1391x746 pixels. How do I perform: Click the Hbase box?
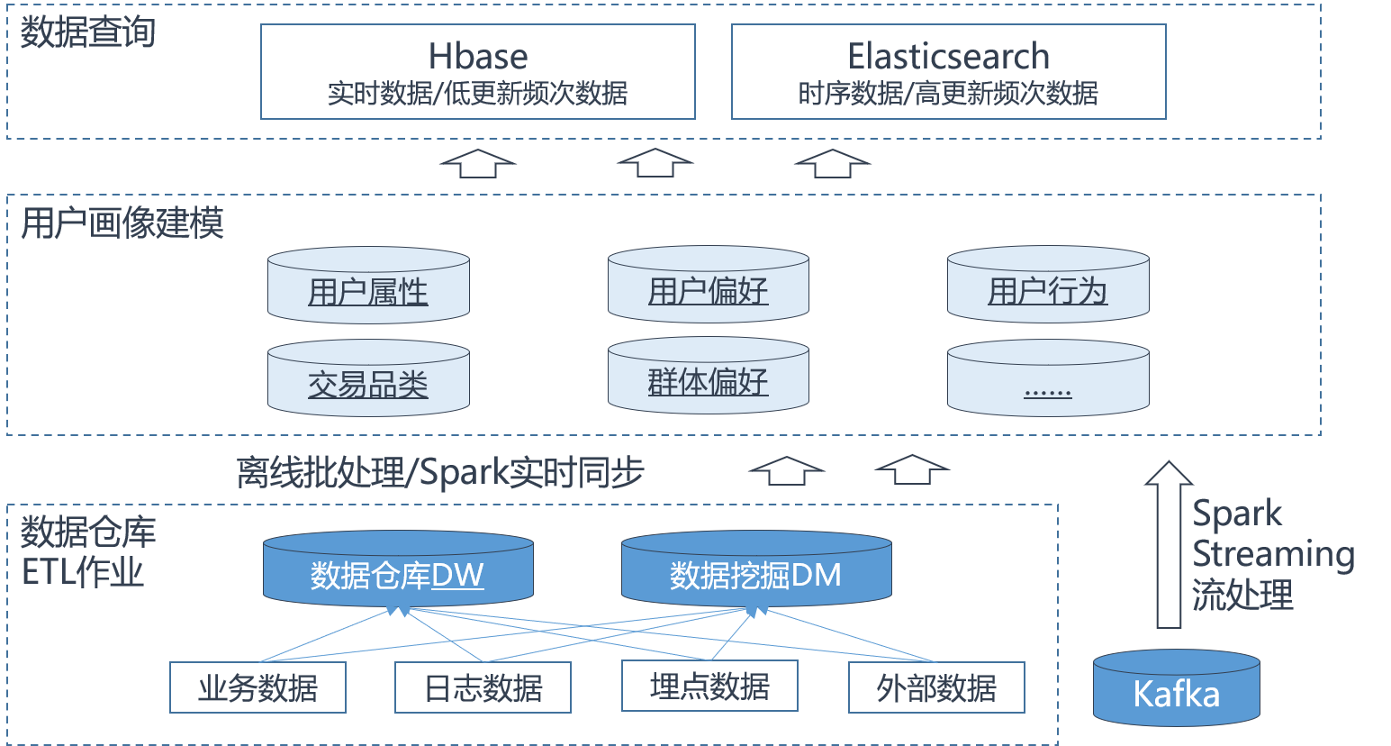point(478,72)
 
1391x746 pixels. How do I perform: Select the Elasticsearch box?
point(948,72)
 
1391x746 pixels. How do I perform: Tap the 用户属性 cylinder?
point(368,286)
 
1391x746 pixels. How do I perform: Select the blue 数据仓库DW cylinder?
point(398,569)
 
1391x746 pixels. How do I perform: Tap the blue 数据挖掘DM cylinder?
point(756,569)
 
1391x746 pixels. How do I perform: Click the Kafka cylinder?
point(1176,688)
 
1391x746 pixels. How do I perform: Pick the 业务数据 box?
point(257,687)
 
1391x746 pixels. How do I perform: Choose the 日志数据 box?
point(483,687)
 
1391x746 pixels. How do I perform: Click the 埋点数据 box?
point(709,686)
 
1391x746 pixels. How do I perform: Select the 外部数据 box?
point(936,687)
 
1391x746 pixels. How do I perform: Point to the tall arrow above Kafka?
point(1169,546)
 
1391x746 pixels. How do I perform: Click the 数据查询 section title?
point(88,32)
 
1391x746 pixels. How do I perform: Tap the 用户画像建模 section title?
point(122,223)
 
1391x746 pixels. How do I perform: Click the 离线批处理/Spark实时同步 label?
point(440,472)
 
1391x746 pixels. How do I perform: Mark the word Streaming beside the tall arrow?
point(1273,553)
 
